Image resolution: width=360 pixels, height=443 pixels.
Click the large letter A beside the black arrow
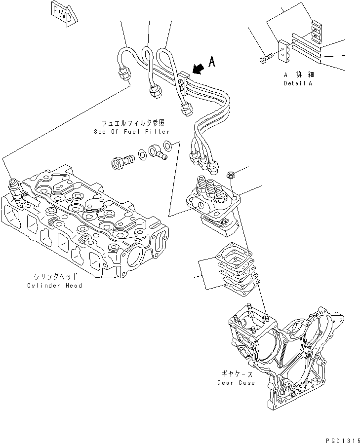point(212,62)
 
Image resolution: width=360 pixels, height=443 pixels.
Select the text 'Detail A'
point(299,83)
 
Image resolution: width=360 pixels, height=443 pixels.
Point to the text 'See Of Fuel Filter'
point(131,132)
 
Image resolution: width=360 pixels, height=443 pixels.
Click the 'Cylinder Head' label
point(54,286)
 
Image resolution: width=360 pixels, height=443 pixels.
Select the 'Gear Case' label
point(236,382)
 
